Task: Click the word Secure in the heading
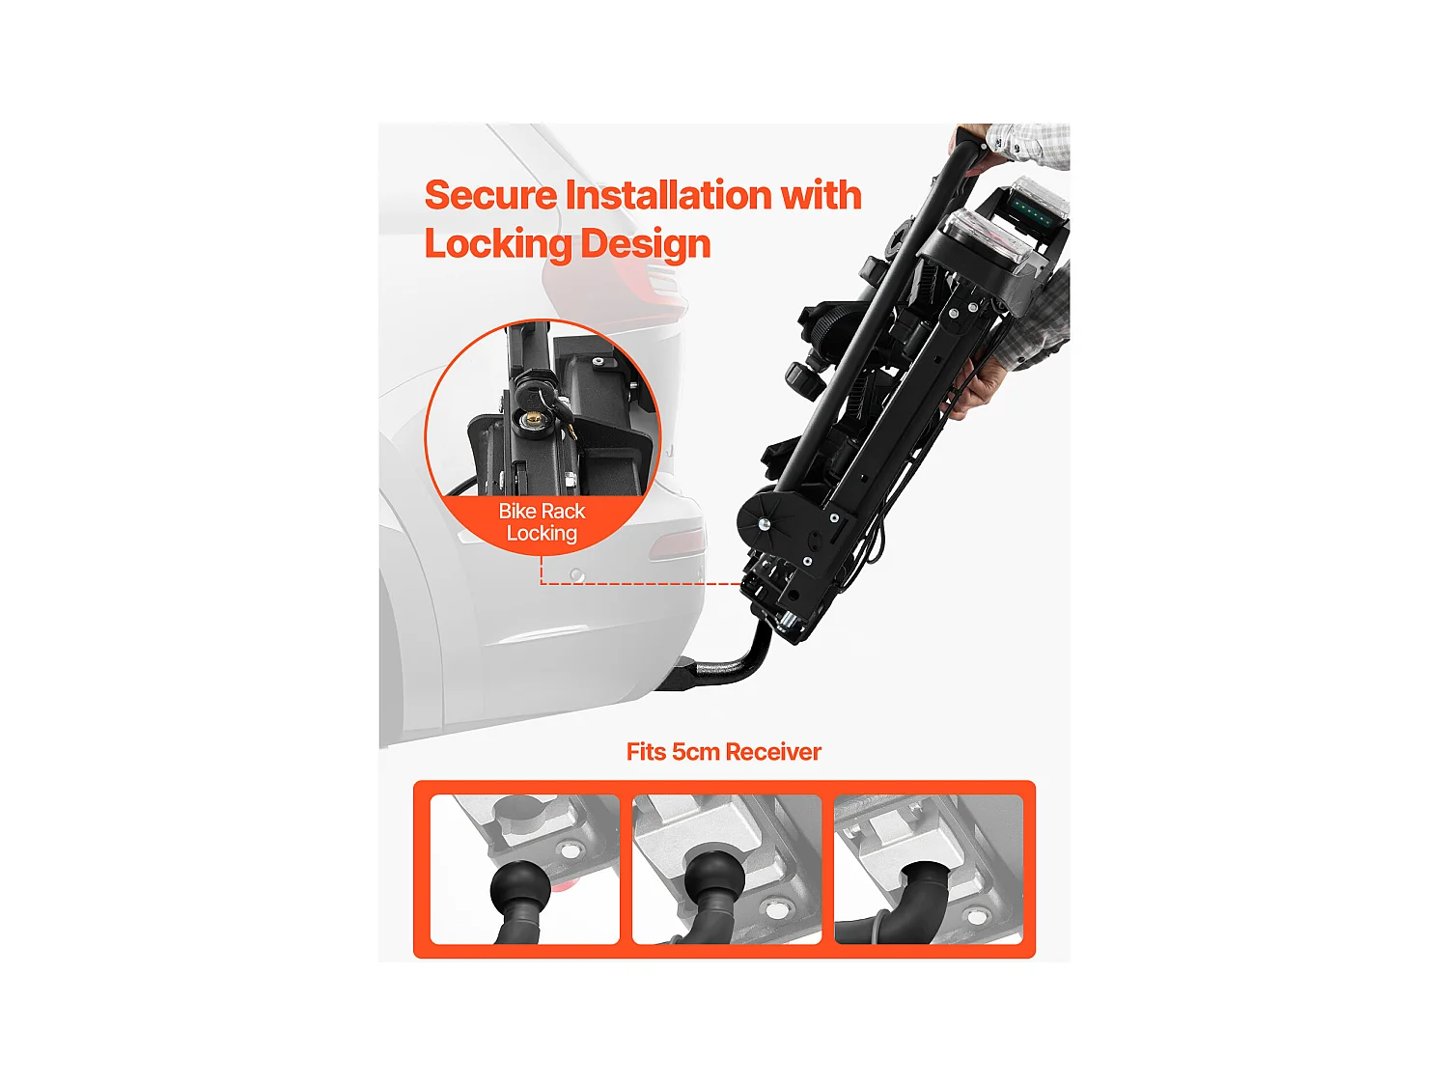tap(490, 195)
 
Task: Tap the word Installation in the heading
tap(669, 195)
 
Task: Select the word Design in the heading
tap(645, 244)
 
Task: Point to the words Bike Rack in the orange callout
tap(542, 511)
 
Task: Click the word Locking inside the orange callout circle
tap(542, 533)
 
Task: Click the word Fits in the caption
tap(646, 752)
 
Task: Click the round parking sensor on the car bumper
tap(576, 574)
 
